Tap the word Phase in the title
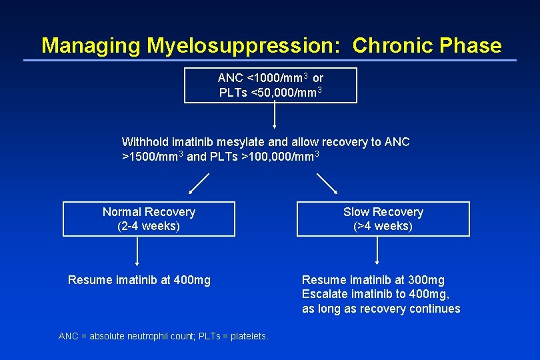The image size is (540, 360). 469,45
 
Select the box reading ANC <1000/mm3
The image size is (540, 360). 270,85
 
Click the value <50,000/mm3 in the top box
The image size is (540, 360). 286,92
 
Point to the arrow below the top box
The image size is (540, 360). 275,115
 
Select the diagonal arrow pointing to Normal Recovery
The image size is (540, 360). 198,183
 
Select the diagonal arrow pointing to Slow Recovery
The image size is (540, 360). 327,183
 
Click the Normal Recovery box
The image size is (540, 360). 149,219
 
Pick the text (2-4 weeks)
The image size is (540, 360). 149,226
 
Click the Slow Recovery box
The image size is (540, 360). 383,219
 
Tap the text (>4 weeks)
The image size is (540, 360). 383,226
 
